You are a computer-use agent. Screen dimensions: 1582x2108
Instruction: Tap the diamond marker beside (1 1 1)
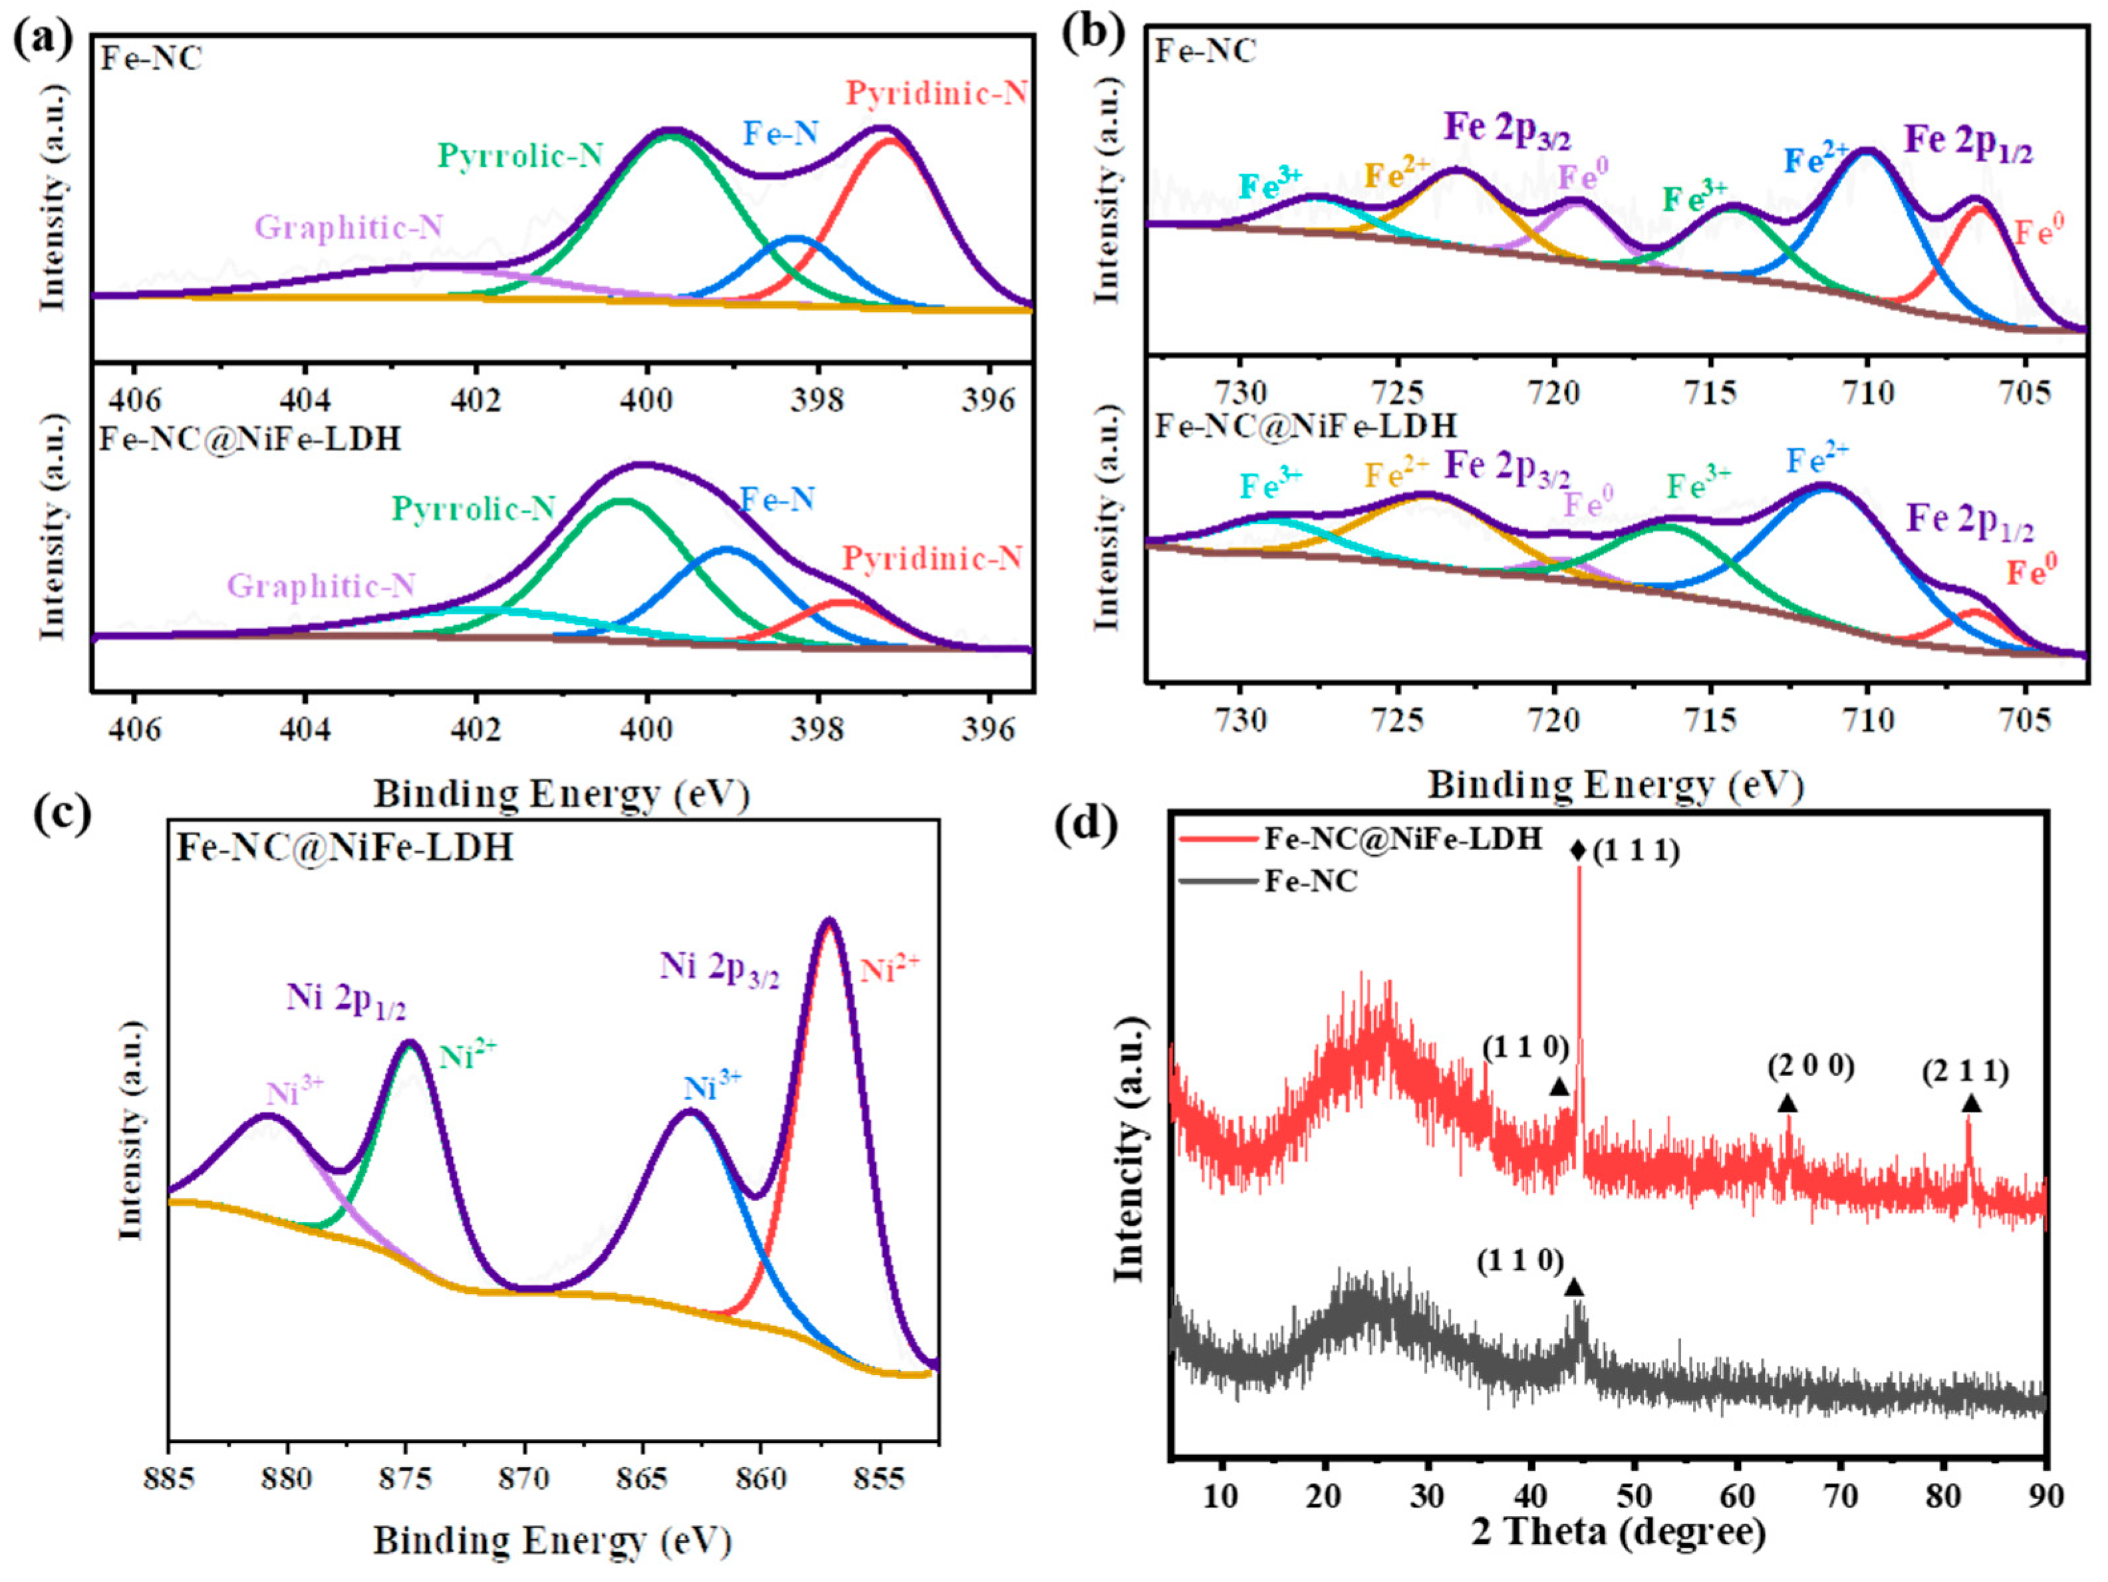1577,850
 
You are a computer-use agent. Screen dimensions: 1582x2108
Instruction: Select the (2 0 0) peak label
1811,1067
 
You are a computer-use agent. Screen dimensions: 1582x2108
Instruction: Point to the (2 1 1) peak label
1965,1072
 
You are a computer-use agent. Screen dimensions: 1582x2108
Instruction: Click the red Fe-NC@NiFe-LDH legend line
1217,839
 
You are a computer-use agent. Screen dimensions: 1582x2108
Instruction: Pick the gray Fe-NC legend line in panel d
1217,882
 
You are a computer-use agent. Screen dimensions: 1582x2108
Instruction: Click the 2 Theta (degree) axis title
1618,1531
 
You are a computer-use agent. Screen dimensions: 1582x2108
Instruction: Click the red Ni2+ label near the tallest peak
890,969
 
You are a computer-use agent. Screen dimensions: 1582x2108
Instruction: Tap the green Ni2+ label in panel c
467,1054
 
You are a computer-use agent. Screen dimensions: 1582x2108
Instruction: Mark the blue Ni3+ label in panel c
713,1087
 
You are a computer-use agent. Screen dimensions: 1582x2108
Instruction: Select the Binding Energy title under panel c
552,1541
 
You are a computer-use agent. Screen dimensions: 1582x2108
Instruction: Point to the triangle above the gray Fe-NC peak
1574,1287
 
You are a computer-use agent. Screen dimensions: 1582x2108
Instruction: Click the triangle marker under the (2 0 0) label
1787,1103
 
